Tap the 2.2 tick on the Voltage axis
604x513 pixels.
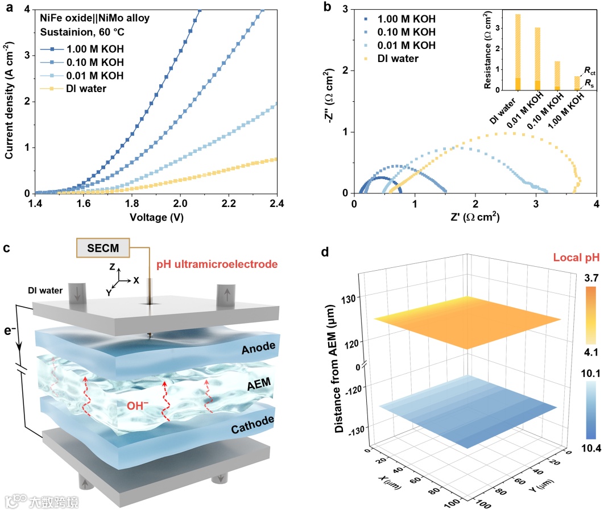coord(229,203)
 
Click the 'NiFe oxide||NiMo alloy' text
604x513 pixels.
coord(94,18)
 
